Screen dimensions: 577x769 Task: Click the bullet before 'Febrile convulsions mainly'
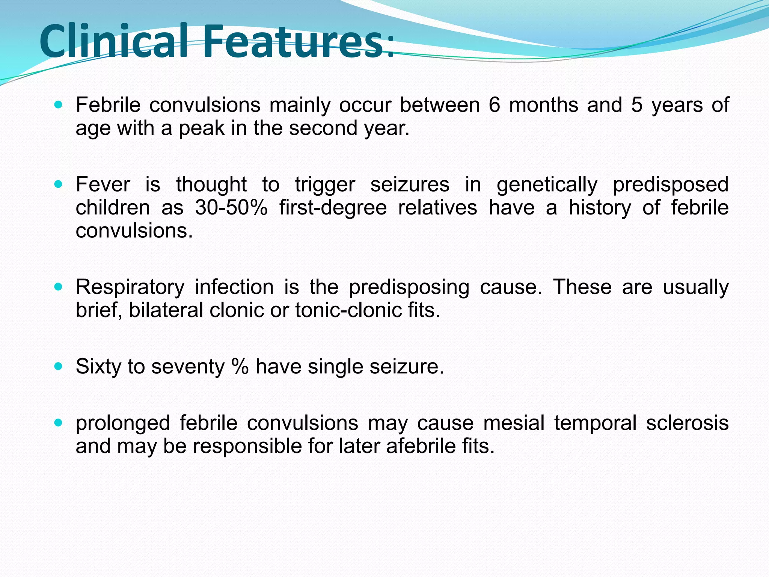58,105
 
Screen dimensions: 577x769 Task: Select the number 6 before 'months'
495,105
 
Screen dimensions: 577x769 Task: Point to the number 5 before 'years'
637,105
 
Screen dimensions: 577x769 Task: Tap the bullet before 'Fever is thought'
58,184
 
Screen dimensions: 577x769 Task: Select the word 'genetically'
547,185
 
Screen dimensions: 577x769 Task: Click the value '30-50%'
231,208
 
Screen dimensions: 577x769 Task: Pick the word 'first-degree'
333,208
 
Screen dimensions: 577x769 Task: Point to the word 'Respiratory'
130,287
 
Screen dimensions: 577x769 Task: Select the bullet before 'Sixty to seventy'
58,367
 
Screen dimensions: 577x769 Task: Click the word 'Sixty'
98,367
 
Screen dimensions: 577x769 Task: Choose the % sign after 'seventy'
240,367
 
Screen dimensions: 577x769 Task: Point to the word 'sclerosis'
687,423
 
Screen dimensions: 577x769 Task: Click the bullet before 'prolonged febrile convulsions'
58,423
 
